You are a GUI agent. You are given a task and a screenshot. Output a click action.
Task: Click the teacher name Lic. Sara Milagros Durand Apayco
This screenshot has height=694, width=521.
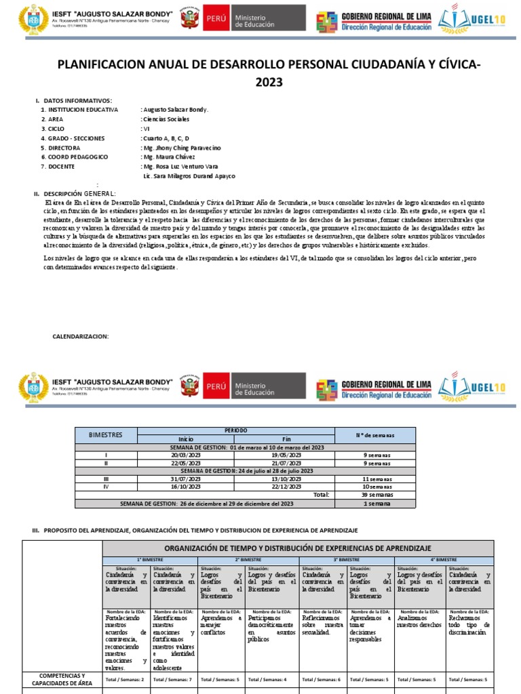coord(189,176)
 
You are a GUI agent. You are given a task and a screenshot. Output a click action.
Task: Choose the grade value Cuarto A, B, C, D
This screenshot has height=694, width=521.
coord(166,138)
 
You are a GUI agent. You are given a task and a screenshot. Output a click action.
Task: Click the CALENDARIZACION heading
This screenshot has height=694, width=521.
coord(80,337)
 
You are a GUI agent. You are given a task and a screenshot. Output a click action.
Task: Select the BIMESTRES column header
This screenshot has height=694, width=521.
coord(108,434)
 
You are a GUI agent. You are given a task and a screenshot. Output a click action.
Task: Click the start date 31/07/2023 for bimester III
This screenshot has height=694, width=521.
coord(186,478)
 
